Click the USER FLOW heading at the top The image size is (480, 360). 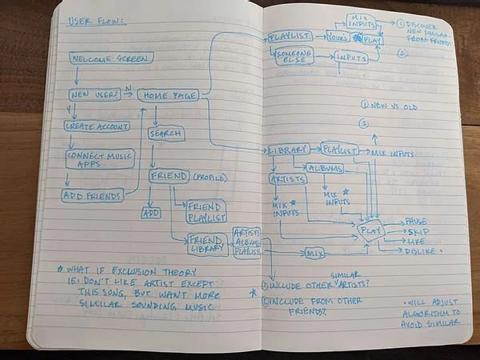(x=95, y=20)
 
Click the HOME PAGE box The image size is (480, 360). (x=167, y=95)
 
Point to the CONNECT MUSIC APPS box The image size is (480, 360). (x=101, y=158)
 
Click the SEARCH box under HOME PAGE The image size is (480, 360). (x=166, y=134)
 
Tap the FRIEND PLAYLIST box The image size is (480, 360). (x=206, y=211)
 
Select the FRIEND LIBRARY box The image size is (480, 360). (x=207, y=243)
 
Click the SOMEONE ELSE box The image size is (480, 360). (x=294, y=56)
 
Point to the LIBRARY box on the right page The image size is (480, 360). (x=287, y=150)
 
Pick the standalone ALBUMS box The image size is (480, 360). (x=323, y=169)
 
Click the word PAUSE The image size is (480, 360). (x=416, y=220)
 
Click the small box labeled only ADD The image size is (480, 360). (x=151, y=214)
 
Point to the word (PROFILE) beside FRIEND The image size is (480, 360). (x=210, y=177)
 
